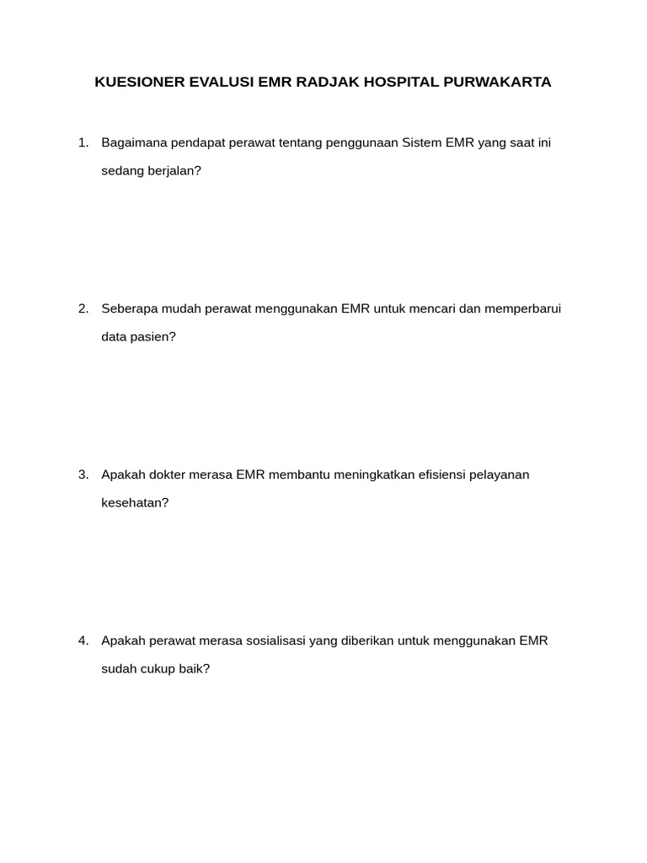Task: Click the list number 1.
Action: coord(83,142)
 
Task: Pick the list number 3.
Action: coord(83,474)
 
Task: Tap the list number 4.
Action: coord(83,641)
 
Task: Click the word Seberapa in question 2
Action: coord(127,308)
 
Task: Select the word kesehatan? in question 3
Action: coord(135,502)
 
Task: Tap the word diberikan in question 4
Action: coord(367,641)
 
